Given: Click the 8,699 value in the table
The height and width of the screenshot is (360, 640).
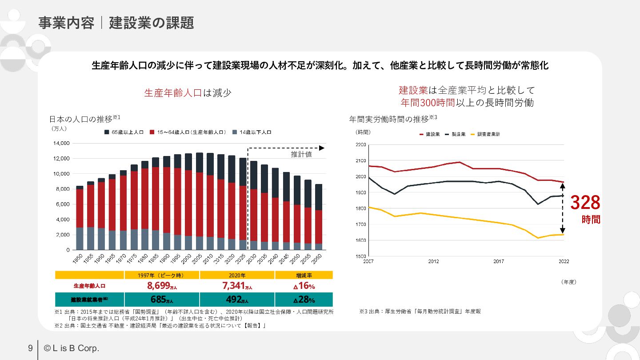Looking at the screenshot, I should coord(158,286).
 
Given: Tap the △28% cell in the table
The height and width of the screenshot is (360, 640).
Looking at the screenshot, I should coord(304,299).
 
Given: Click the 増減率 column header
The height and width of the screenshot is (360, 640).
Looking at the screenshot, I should coord(304,276).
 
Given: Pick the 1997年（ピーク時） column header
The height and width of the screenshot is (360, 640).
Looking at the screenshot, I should coord(162,276).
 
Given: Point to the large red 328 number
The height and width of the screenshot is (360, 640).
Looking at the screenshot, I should coord(585,203).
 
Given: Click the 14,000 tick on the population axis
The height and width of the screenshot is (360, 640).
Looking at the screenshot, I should coord(61,143).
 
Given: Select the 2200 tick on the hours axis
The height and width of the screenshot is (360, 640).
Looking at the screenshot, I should coord(360,145).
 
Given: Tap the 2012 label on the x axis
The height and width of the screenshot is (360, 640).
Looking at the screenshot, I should coord(433,261).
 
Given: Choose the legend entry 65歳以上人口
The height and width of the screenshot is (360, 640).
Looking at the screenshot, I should coord(124,132).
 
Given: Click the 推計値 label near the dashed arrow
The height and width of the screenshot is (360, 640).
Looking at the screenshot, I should coord(301,154).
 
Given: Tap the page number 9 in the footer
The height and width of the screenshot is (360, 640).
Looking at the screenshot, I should coord(30,348).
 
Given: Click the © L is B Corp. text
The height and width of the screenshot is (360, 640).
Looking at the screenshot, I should coord(72,348).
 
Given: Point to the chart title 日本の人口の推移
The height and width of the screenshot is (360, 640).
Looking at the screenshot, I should coord(81,119).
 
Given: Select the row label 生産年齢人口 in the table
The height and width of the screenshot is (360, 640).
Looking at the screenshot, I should coord(89,286).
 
